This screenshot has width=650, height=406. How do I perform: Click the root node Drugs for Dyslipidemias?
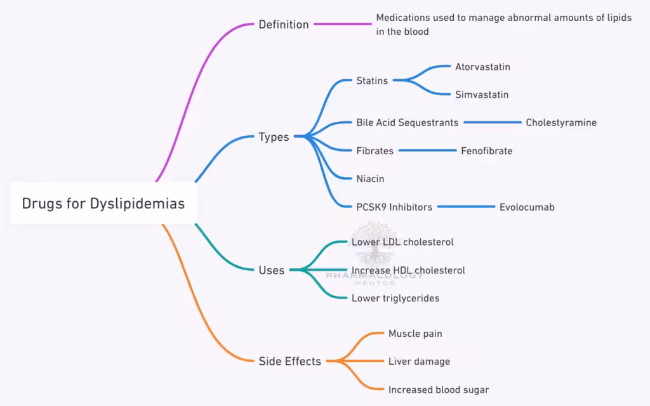click(103, 204)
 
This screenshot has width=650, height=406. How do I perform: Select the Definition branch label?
click(283, 25)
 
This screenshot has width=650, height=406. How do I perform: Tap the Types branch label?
click(274, 137)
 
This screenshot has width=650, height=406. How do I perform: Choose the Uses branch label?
click(272, 270)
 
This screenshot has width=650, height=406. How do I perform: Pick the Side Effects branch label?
click(289, 361)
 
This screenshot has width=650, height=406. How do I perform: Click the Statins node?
click(372, 81)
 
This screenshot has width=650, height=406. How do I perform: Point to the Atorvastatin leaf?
click(482, 67)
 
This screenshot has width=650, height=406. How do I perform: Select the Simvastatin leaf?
click(482, 95)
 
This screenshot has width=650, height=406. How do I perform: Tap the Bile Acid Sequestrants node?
click(407, 122)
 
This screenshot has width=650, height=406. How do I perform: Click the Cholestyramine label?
click(561, 122)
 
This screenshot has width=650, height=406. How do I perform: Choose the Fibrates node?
click(375, 151)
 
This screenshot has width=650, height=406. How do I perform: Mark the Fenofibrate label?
click(486, 151)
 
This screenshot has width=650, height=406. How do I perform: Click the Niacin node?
click(370, 179)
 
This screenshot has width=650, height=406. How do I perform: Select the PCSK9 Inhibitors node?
click(394, 207)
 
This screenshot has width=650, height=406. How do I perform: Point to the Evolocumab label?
click(527, 207)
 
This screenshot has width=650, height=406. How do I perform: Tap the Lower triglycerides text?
click(395, 298)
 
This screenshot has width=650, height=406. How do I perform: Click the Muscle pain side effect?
click(415, 333)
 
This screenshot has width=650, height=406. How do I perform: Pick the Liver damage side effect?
click(419, 361)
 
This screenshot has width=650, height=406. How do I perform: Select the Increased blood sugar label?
click(439, 390)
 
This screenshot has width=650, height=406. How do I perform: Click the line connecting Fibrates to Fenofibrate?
click(427, 151)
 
